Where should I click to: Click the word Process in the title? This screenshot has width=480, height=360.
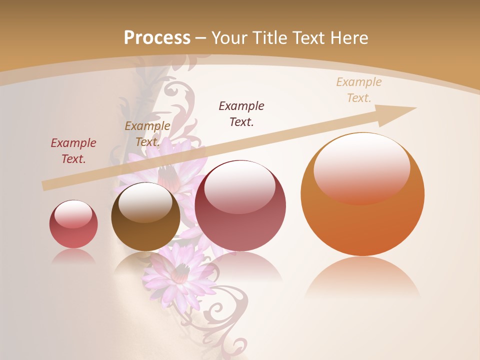click(157, 38)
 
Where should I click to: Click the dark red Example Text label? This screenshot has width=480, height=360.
click(73, 151)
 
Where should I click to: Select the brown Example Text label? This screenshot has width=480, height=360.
click(147, 134)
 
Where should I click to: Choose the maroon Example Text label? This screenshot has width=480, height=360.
click(241, 113)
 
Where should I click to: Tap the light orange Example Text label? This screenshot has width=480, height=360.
click(358, 90)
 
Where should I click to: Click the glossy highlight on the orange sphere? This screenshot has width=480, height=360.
click(361, 167)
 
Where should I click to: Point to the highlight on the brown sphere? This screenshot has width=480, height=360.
click(145, 201)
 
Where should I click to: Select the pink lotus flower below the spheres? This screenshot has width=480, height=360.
click(177, 272)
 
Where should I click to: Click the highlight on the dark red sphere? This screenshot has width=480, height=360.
click(239, 186)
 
